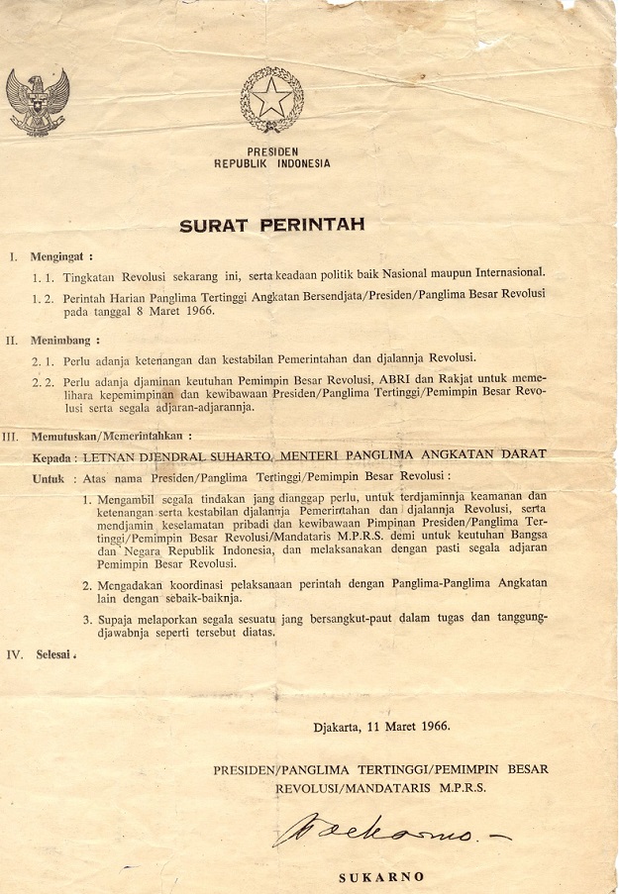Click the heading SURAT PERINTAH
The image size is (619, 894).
(x=271, y=225)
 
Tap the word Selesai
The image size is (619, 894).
(x=57, y=653)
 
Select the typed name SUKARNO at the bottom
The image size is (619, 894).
(x=381, y=876)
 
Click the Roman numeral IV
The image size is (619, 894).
(x=15, y=653)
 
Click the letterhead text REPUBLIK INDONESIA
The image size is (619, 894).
(x=272, y=164)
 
